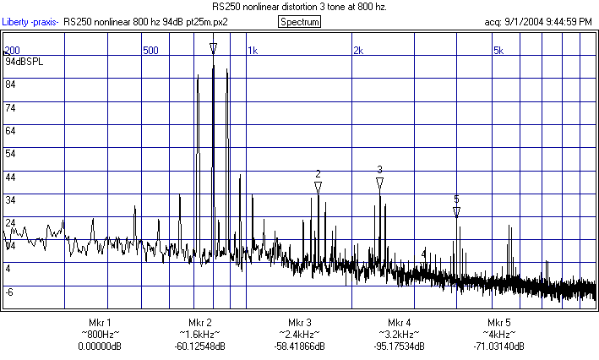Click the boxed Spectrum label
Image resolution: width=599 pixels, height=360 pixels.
tap(299, 21)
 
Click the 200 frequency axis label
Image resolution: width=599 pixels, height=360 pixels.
tap(13, 51)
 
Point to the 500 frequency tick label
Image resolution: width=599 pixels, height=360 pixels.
tap(150, 51)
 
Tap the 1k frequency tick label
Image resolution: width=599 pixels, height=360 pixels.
tap(252, 51)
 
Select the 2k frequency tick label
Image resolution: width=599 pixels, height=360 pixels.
tap(357, 51)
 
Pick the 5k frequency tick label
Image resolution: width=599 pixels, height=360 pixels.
tap(498, 51)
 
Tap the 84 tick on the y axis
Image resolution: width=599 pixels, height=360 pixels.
tap(11, 85)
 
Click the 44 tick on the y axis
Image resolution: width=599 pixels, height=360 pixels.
tap(11, 177)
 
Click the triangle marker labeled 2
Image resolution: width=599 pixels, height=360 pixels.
tap(318, 188)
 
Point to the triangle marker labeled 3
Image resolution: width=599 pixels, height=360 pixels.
tap(380, 183)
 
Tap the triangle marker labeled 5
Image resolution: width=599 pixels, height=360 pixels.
tap(456, 212)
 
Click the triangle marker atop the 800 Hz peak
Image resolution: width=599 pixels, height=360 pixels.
tap(213, 48)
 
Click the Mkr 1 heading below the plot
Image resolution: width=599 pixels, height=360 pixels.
tap(100, 323)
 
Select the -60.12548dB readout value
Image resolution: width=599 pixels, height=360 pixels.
tap(200, 346)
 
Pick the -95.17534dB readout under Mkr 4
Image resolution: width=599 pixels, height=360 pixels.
tap(400, 346)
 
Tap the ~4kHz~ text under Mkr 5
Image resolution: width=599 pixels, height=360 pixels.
tap(499, 335)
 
